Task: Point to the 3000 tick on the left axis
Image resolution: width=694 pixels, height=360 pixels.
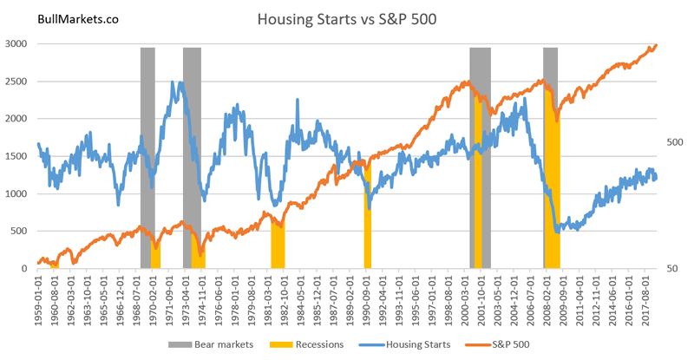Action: [17, 43]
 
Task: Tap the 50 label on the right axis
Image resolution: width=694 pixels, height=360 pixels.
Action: [674, 269]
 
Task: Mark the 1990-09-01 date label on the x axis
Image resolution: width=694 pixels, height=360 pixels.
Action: [367, 299]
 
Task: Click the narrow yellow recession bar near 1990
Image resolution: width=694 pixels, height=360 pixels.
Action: [367, 217]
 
